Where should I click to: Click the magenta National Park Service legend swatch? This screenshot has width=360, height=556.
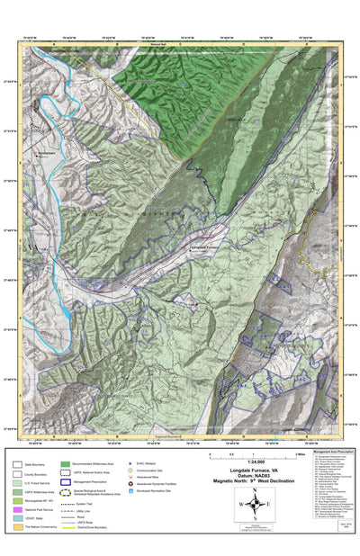(x=17, y=510)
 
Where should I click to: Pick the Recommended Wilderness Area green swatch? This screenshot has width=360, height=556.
(x=66, y=464)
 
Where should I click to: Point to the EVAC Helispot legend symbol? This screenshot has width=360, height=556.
(x=130, y=463)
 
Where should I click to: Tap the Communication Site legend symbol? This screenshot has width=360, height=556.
(x=130, y=471)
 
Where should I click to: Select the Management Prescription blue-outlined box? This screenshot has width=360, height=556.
(x=66, y=481)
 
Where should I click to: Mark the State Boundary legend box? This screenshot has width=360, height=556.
(x=17, y=464)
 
